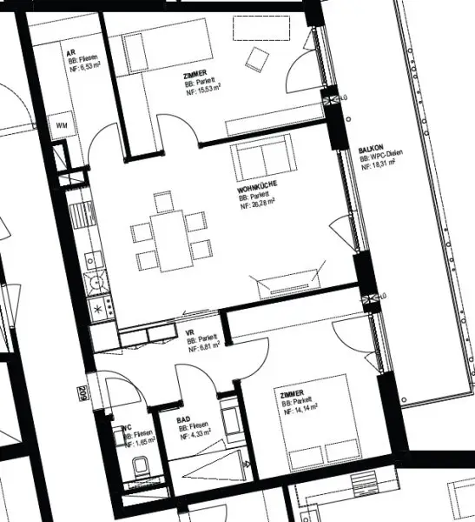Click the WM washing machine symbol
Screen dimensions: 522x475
coord(63,126)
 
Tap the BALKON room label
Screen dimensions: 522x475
coord(368,151)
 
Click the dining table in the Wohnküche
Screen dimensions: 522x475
coord(170,239)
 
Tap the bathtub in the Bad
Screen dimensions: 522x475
coord(232,418)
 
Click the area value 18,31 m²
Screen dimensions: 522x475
coord(380,161)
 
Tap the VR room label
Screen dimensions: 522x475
coord(190,332)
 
